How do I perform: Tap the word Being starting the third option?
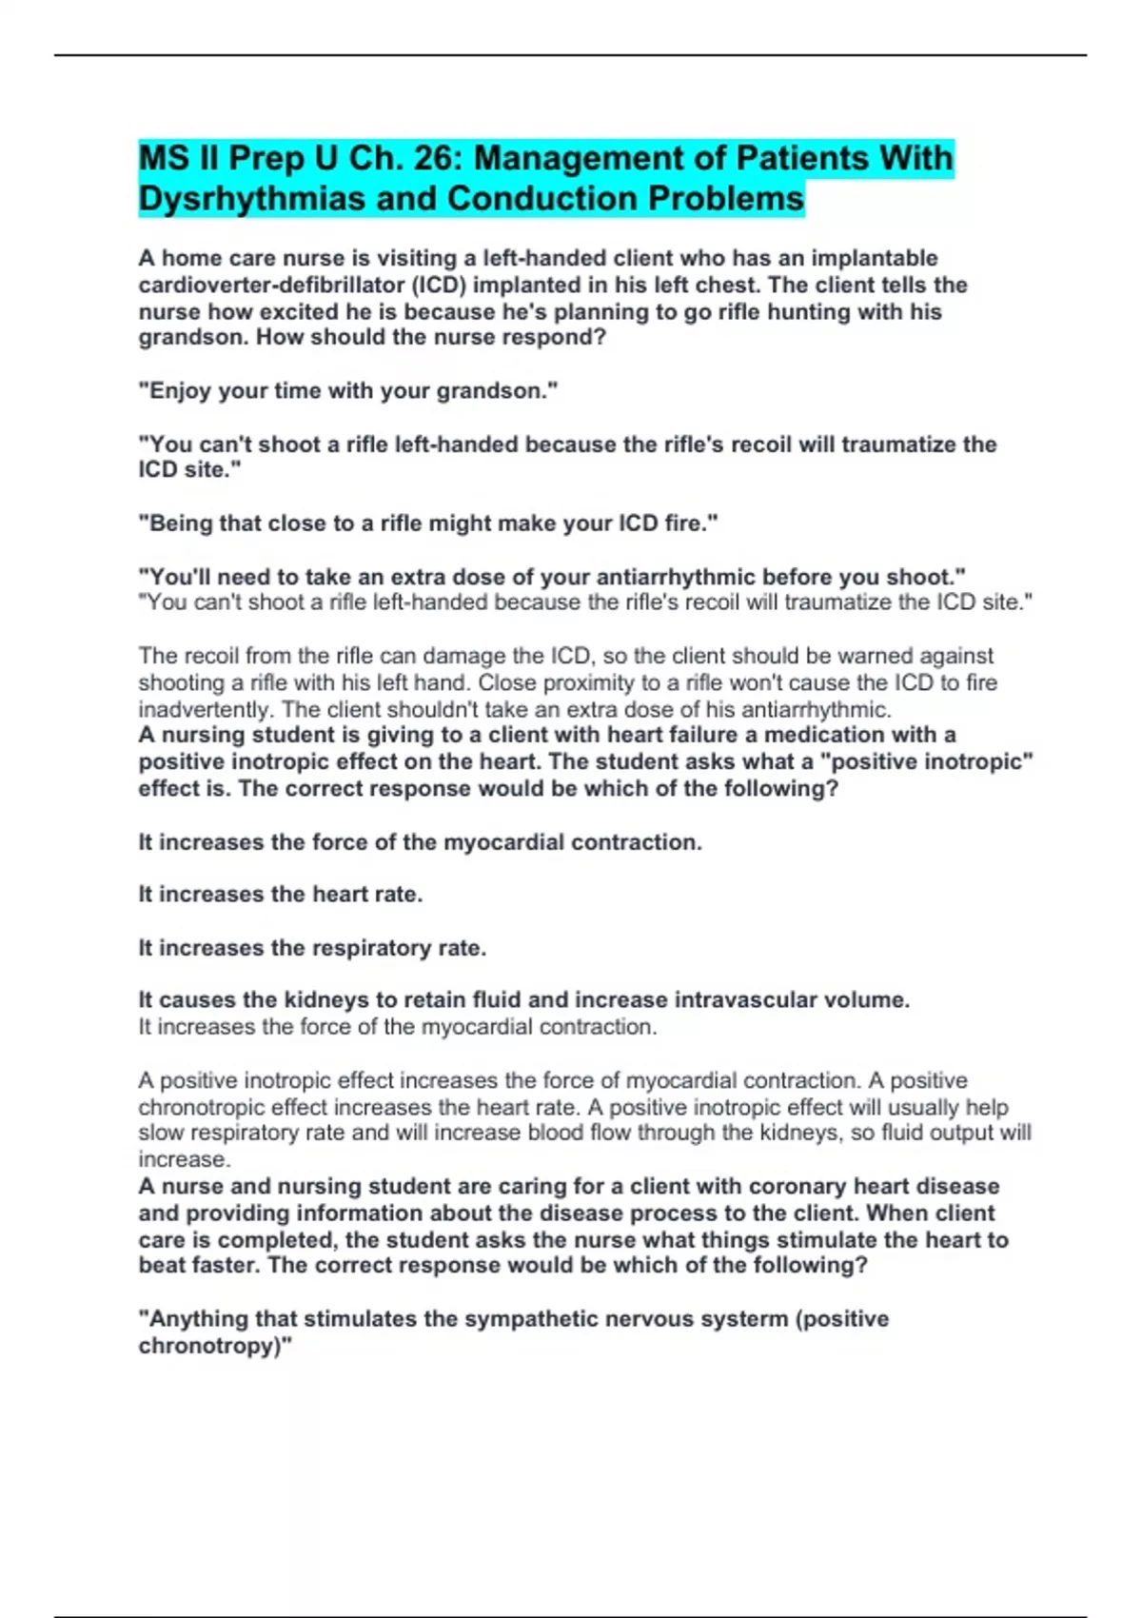point(182,523)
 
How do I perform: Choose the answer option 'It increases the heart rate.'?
point(281,895)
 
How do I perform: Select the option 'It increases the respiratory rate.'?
point(312,948)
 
